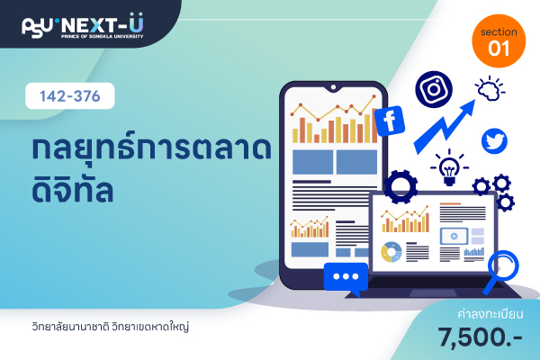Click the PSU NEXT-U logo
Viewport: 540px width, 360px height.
tap(83, 26)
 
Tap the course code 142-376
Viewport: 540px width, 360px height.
tap(70, 96)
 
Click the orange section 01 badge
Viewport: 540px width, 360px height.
tap(499, 41)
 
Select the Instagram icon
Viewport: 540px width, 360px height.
tap(434, 89)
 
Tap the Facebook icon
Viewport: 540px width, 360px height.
tap(390, 121)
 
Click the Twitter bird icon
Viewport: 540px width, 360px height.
tap(494, 141)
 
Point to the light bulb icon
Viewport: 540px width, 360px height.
tap(449, 167)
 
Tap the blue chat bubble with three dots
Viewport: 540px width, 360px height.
tap(346, 278)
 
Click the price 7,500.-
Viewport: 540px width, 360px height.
tap(480, 337)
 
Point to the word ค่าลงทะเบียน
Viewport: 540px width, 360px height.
tap(490, 314)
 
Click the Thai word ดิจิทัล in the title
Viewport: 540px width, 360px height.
tap(73, 190)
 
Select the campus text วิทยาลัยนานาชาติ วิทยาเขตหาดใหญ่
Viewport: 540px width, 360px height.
tap(111, 326)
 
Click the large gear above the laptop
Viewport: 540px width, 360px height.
tap(400, 186)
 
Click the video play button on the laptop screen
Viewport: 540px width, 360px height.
tap(454, 237)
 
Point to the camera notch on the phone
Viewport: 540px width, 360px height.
tap(333, 87)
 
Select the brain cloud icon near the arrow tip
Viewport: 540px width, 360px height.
tap(490, 90)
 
